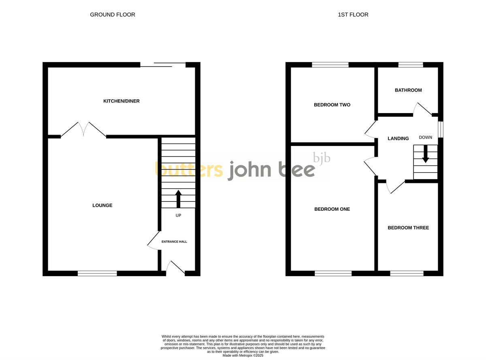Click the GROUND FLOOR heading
pos(113,15)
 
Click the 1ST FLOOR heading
pos(353,15)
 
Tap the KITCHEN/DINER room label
pos(122,101)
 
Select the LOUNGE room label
pos(102,206)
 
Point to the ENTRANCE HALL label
pos(175,242)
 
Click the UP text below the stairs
pos(178,215)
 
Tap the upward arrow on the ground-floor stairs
pos(178,199)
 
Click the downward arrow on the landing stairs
pos(425,154)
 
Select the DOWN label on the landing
pos(425,137)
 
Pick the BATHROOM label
pos(408,90)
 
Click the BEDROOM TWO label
pos(332,105)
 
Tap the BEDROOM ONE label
pos(332,209)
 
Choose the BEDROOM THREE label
pos(408,228)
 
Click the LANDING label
pos(398,139)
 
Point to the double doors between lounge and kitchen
pos(83,129)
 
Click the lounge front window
pos(97,274)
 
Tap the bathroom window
pos(411,64)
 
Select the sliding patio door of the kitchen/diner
pos(163,65)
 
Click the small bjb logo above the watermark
pos(322,158)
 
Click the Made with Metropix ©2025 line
pos(243,356)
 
